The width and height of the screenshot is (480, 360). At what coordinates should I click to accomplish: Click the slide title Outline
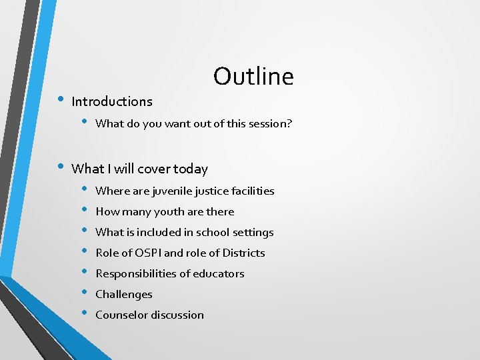click(x=253, y=77)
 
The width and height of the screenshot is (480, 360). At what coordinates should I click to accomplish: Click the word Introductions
click(x=112, y=102)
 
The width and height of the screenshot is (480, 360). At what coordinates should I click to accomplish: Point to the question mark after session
click(x=289, y=123)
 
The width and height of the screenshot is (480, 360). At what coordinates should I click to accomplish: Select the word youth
click(x=168, y=212)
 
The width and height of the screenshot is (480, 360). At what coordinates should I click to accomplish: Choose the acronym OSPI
click(x=145, y=253)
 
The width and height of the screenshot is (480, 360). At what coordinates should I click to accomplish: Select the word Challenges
click(x=124, y=295)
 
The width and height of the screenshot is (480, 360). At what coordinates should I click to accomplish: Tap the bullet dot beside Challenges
click(x=85, y=293)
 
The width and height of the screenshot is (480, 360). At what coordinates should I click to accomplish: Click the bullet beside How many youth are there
click(x=85, y=210)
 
